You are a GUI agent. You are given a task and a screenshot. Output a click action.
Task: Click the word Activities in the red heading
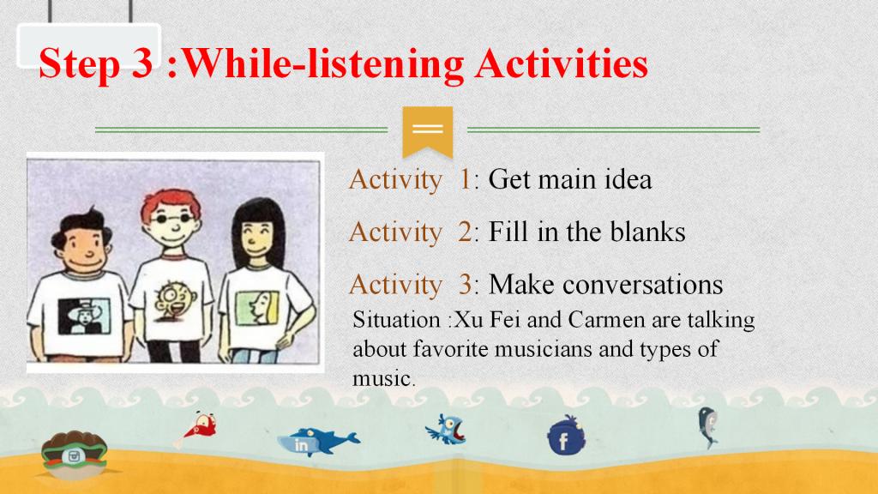(561, 63)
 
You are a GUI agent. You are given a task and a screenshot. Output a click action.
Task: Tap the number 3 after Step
(142, 63)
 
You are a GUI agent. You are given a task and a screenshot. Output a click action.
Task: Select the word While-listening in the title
(323, 64)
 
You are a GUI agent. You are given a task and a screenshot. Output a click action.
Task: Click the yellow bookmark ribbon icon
(427, 131)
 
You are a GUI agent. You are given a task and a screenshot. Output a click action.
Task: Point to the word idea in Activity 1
(628, 179)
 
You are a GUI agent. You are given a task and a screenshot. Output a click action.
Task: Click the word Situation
(396, 320)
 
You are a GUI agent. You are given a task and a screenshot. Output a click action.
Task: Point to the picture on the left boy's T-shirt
(84, 316)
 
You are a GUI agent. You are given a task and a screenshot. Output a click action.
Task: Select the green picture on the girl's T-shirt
(257, 308)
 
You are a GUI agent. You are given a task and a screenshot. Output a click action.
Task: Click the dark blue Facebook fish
(566, 435)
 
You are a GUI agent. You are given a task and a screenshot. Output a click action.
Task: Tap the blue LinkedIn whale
(318, 441)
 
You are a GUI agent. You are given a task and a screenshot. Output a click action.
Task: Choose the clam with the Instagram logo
(74, 455)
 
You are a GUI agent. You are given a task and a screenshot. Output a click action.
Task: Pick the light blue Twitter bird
(446, 430)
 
